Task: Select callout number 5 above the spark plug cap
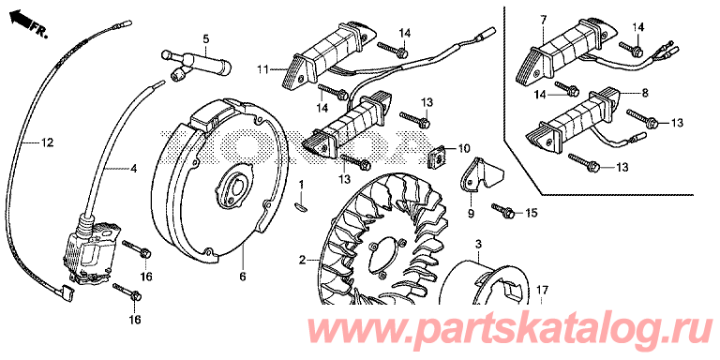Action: pyautogui.click(x=205, y=39)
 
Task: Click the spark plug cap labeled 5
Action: pyautogui.click(x=197, y=66)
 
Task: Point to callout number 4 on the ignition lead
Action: pyautogui.click(x=133, y=169)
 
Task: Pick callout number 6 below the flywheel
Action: pyautogui.click(x=243, y=277)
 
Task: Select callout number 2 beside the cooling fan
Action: pyautogui.click(x=302, y=261)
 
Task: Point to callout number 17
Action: pyautogui.click(x=542, y=291)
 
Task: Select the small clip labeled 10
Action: pyautogui.click(x=438, y=157)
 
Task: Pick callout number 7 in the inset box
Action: pyautogui.click(x=544, y=20)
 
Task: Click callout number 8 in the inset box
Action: pyautogui.click(x=645, y=94)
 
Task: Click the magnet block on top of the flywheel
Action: pyautogui.click(x=215, y=113)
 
